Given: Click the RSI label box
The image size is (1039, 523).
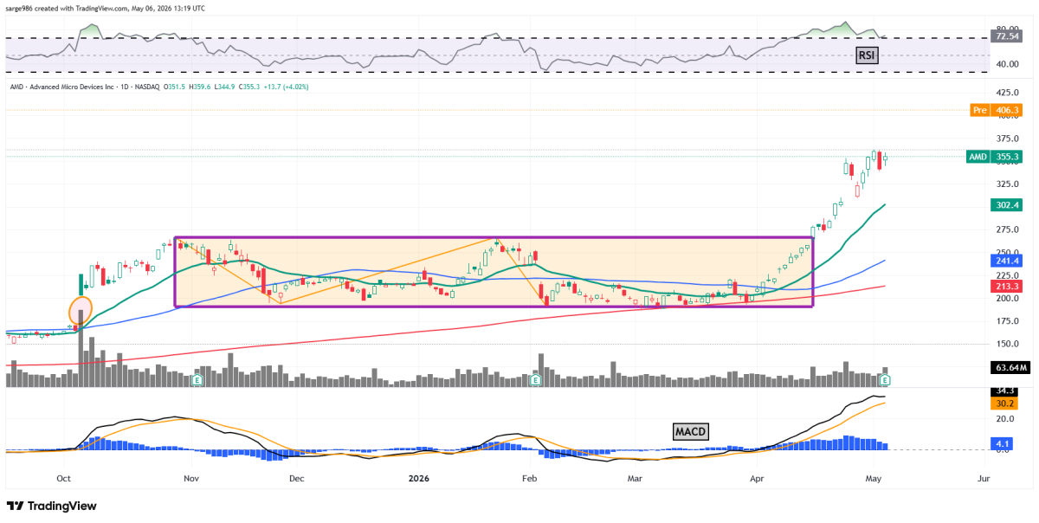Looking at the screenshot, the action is (x=867, y=55).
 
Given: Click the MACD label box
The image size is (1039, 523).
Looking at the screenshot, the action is (x=690, y=431).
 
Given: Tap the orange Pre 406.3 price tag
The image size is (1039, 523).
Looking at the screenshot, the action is (x=996, y=110).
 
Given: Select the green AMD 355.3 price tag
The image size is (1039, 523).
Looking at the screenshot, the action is (x=994, y=157).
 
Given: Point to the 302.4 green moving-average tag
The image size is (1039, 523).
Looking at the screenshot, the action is (x=1006, y=205).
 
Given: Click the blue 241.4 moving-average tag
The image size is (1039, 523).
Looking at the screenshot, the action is (x=1006, y=261).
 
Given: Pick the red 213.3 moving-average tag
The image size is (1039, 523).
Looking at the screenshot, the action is (x=1006, y=287).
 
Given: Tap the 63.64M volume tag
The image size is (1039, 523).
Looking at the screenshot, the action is (x=1010, y=368).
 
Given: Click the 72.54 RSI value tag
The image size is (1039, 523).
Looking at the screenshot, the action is (x=1006, y=36).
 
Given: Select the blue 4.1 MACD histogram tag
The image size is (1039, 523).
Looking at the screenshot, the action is (x=1002, y=443).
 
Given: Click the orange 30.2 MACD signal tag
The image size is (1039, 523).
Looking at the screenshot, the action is (x=1004, y=404).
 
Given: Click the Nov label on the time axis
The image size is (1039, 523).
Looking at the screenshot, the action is (x=191, y=479).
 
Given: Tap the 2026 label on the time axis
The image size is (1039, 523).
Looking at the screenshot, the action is (x=419, y=479).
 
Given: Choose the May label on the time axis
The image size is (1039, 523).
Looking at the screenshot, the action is (x=873, y=479).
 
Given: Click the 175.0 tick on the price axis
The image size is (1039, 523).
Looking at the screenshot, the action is (x=1007, y=321).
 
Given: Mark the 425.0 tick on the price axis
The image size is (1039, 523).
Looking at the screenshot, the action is (x=1007, y=93).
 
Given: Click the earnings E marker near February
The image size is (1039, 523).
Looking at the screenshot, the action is (x=536, y=380).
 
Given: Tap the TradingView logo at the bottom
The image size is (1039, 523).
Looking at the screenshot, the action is (x=51, y=506).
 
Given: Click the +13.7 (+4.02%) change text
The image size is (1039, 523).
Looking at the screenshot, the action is (x=286, y=87).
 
